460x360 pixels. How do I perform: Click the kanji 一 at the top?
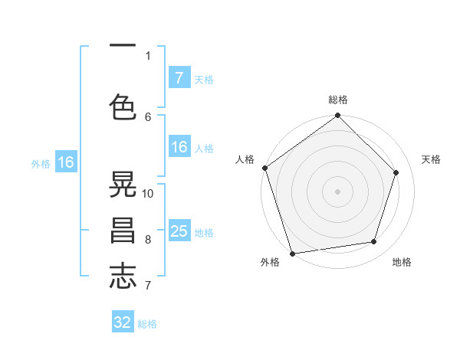click(x=123, y=45)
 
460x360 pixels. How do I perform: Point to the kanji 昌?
click(x=123, y=230)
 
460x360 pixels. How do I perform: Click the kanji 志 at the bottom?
click(x=123, y=274)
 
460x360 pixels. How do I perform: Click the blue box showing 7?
click(x=179, y=77)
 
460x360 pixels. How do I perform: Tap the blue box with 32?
click(x=123, y=322)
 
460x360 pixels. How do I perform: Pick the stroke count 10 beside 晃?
click(x=148, y=194)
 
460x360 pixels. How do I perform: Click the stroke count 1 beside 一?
click(x=148, y=55)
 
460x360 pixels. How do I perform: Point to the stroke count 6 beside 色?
click(x=148, y=116)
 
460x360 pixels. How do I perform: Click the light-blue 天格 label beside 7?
click(x=204, y=79)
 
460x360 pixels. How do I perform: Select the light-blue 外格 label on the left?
click(x=41, y=163)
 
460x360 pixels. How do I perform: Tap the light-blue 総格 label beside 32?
click(x=147, y=324)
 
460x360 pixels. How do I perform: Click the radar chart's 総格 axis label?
click(x=338, y=100)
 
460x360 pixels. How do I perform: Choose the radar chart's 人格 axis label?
click(x=245, y=159)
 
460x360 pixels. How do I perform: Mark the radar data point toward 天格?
click(x=396, y=172)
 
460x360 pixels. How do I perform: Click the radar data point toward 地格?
click(x=374, y=242)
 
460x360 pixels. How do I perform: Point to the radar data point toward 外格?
click(x=292, y=253)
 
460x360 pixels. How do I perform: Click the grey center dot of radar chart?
click(x=337, y=191)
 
